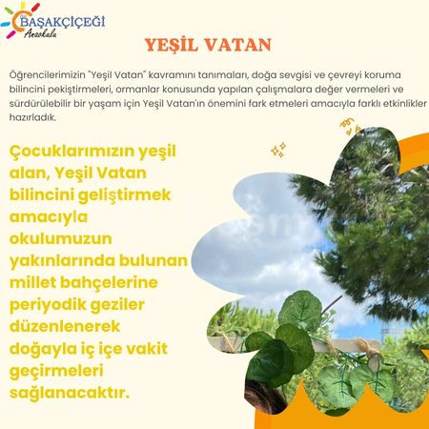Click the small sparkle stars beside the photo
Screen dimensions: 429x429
click(x=278, y=150)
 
